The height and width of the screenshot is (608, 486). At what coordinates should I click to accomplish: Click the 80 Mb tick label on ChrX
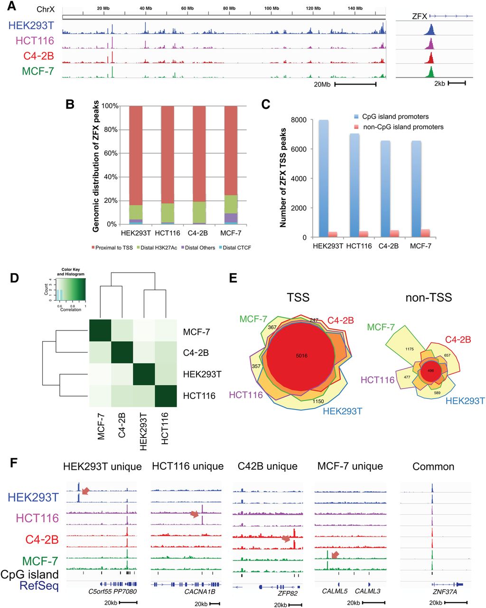229,9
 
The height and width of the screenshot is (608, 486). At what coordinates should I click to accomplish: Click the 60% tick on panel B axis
110,153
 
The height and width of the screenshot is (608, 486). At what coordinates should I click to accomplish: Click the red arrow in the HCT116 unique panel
195,514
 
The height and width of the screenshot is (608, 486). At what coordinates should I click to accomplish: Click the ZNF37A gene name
433,591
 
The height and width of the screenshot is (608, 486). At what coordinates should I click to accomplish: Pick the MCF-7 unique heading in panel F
350,466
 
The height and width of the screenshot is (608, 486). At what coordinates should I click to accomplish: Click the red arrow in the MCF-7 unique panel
335,555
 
